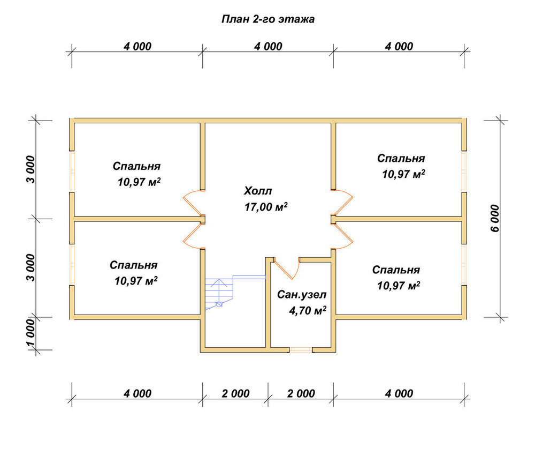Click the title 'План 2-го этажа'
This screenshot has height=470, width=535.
(x=268, y=19)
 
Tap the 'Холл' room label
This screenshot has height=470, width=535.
(x=258, y=191)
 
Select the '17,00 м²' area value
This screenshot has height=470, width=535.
(x=266, y=207)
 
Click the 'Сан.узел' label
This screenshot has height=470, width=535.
(x=302, y=295)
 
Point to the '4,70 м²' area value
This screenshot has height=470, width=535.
(x=308, y=310)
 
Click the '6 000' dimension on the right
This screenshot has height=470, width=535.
(x=495, y=219)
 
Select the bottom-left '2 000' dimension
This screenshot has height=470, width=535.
(x=235, y=393)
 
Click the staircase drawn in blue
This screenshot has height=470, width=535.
(x=235, y=293)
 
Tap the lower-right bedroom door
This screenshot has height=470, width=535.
(x=342, y=236)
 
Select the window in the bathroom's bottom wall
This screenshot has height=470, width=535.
(x=301, y=349)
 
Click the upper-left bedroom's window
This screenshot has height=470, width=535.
(x=72, y=171)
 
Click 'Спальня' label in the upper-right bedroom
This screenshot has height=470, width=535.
(x=401, y=158)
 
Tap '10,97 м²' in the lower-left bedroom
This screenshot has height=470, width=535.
(x=136, y=281)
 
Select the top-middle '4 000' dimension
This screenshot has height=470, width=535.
(x=268, y=47)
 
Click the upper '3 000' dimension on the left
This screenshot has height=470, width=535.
(x=30, y=169)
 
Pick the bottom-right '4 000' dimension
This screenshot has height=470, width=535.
(x=399, y=393)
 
